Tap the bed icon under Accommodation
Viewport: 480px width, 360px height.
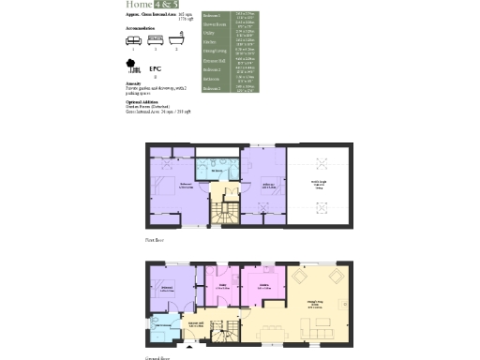click(155, 39)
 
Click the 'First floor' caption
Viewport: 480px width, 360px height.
click(155, 241)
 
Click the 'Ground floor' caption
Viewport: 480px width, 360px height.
click(157, 357)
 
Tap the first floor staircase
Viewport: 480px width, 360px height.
click(224, 212)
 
